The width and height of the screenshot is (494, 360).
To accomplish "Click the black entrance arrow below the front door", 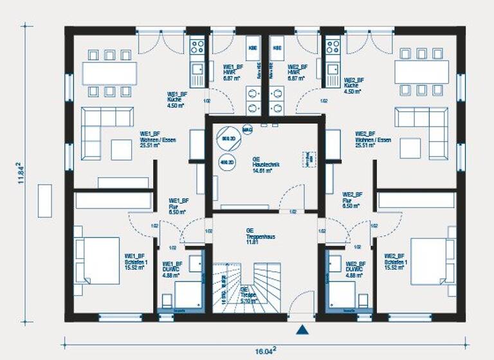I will [302, 330].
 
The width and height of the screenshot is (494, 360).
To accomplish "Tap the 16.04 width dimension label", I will [264, 350].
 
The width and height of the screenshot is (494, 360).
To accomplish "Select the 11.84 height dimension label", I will [22, 173].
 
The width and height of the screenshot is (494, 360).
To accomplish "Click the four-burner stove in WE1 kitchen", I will [197, 46].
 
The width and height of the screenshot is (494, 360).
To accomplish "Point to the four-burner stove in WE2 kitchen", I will [332, 46].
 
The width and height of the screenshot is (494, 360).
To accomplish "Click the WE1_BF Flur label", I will [179, 205].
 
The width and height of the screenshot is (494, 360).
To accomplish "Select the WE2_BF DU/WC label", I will [355, 268].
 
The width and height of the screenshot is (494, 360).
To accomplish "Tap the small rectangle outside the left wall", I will [45, 201].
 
